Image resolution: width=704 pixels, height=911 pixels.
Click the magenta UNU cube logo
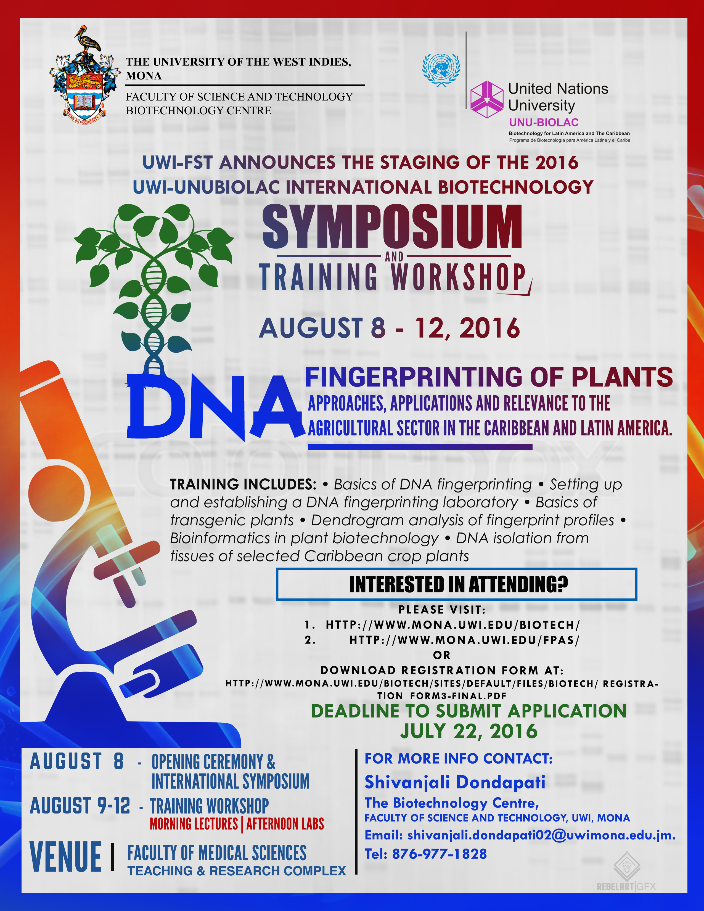[487, 100]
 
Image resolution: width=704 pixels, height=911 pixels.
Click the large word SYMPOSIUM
[392, 226]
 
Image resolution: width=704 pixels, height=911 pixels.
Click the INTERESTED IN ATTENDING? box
[456, 584]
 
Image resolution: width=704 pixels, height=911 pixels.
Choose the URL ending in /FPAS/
[464, 640]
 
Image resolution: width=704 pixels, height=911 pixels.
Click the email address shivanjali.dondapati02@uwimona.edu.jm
[541, 835]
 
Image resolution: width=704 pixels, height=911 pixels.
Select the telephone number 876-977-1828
[440, 854]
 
